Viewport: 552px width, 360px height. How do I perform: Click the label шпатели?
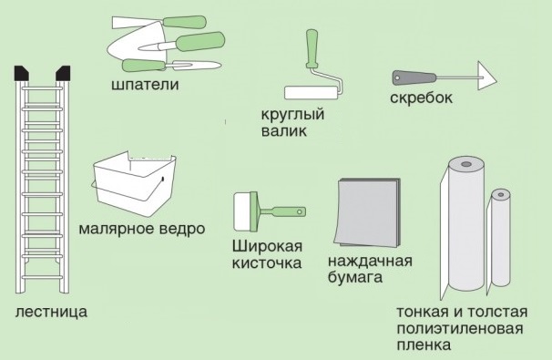(145, 85)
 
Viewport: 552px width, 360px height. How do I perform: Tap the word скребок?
(421, 98)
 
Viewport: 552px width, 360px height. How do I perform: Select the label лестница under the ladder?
(51, 312)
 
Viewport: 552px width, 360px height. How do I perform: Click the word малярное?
(117, 229)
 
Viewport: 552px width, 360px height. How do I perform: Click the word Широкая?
(267, 246)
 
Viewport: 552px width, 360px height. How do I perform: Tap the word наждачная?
(370, 262)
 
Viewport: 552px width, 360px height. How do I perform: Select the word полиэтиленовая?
(460, 328)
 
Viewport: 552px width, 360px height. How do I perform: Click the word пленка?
(424, 345)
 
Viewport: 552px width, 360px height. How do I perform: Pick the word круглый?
(292, 115)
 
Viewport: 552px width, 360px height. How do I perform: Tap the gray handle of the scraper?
(414, 77)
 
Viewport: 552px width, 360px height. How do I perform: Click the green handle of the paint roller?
(312, 48)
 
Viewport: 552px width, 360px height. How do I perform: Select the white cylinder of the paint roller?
(312, 93)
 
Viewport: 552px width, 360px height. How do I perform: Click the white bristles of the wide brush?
(242, 211)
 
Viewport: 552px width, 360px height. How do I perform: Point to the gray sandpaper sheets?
(368, 212)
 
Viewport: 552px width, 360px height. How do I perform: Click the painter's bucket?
(133, 184)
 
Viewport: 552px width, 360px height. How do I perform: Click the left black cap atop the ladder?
(22, 73)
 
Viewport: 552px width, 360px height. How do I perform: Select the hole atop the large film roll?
(466, 164)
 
